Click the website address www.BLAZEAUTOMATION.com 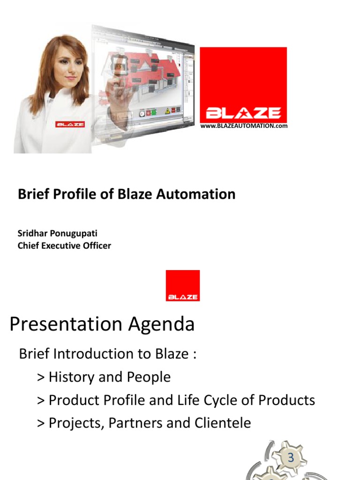coord(244,126)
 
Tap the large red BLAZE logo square coord(243,84)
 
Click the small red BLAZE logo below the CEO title coord(183,285)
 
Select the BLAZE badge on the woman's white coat coord(70,124)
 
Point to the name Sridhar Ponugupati coord(57,233)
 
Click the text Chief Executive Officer coord(64,246)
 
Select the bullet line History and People coord(104,377)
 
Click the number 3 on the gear coord(291,458)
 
